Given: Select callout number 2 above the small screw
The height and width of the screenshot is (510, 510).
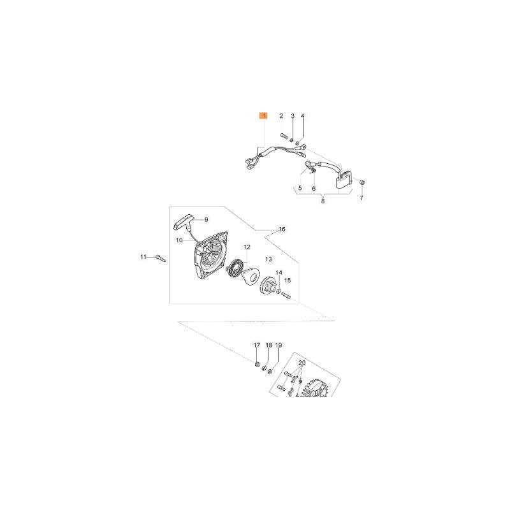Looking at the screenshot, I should (280, 116).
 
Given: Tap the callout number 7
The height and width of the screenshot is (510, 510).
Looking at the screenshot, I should (361, 198).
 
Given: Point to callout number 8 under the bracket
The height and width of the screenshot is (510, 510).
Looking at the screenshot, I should (323, 201).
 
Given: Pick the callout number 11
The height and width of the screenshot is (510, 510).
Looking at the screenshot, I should (143, 256).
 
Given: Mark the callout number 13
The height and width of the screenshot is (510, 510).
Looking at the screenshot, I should (268, 259).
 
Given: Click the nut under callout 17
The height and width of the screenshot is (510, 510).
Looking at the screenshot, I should (256, 365).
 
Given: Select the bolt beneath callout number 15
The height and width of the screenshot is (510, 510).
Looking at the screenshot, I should (285, 295).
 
